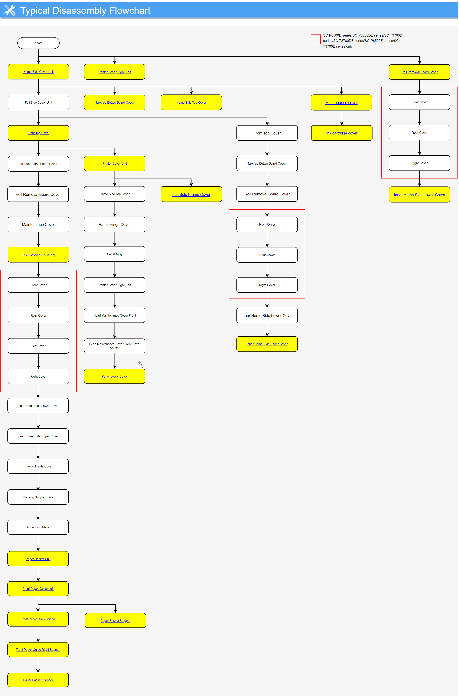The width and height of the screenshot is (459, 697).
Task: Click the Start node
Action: pyautogui.click(x=38, y=43)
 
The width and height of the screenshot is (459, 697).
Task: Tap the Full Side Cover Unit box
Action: pyautogui.click(x=38, y=102)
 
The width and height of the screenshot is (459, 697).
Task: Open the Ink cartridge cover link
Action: pyautogui.click(x=342, y=133)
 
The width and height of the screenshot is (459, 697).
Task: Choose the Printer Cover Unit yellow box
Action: pyautogui.click(x=115, y=163)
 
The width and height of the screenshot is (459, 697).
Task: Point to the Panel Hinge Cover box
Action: pyautogui.click(x=115, y=225)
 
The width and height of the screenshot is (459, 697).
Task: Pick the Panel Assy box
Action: pyautogui.click(x=115, y=254)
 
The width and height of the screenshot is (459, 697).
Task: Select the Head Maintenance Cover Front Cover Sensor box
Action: pyautogui.click(x=115, y=346)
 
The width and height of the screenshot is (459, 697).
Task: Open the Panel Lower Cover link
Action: pyautogui.click(x=115, y=377)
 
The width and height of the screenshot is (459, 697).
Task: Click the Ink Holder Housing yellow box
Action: pyautogui.click(x=38, y=255)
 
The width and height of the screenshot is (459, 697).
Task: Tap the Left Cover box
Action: pyautogui.click(x=38, y=346)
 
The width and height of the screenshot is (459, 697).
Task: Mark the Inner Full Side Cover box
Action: pyautogui.click(x=38, y=466)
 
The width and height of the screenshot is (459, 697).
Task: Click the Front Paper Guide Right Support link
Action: pyautogui.click(x=38, y=650)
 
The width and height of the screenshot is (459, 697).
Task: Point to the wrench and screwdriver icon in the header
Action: pyautogui.click(x=10, y=10)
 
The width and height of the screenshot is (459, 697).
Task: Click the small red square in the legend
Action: pyautogui.click(x=316, y=39)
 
